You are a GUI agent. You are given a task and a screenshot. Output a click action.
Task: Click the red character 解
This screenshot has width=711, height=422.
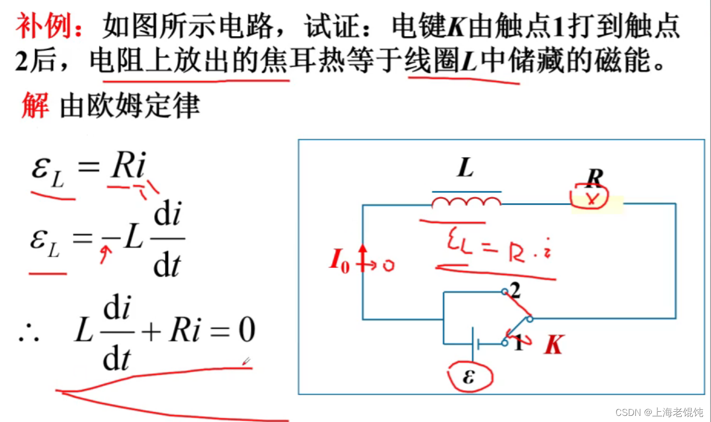35,106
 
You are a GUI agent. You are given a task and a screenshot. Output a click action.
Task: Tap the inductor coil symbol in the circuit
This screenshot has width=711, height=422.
466,202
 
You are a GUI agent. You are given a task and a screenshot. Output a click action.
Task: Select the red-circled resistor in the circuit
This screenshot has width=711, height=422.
591,199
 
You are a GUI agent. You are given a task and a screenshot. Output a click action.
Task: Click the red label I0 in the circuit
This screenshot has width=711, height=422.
339,262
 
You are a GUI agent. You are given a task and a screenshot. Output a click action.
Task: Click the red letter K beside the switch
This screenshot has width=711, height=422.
553,346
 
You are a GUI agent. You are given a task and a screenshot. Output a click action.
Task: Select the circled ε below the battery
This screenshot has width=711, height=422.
469,377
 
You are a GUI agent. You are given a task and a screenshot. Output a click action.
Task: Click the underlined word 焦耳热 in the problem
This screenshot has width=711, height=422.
305,63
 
